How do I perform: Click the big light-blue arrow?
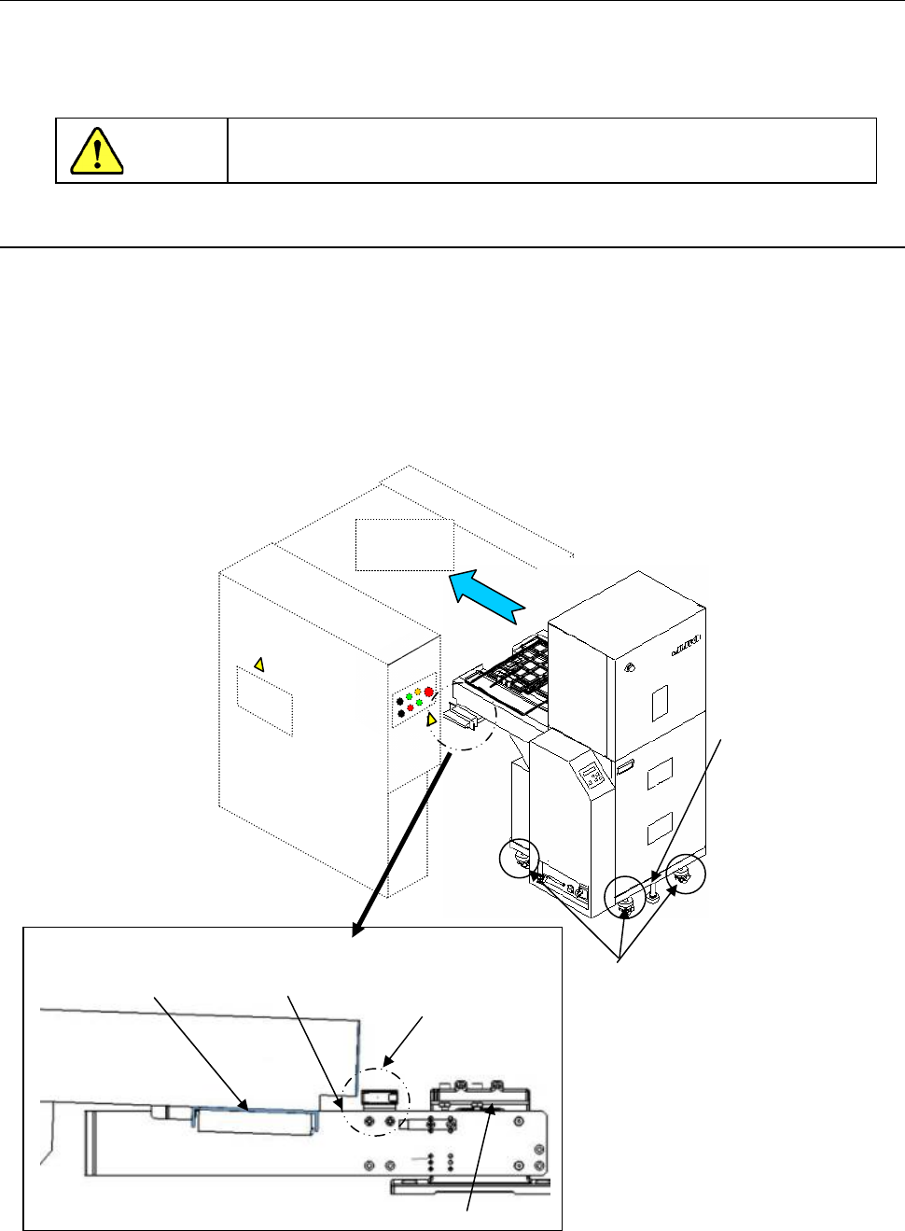[485, 597]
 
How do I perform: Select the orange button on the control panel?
[417, 692]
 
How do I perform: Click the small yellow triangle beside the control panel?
[431, 720]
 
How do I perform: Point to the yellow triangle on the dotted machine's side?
[259, 664]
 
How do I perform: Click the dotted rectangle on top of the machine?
[404, 543]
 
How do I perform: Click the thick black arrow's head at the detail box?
[355, 930]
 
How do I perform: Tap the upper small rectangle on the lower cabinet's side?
[660, 770]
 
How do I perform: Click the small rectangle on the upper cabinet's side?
[660, 702]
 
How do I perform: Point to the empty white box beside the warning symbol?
[551, 150]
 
